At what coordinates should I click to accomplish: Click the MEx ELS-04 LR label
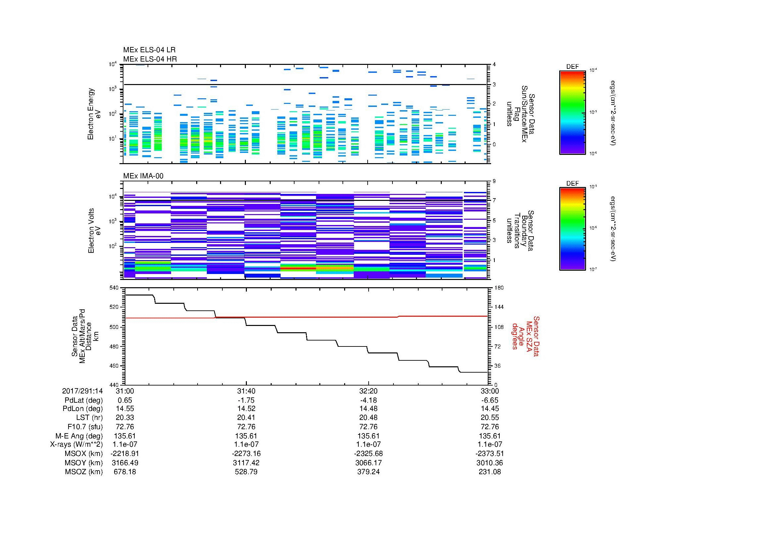149,50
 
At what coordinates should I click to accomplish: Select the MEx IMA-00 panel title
143,176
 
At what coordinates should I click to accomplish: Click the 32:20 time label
368,391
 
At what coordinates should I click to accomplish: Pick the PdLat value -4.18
368,400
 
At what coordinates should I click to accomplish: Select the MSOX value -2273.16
247,454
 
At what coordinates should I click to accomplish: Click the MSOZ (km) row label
84,472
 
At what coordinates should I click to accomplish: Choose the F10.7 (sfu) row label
85,427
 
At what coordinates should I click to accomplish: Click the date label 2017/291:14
82,391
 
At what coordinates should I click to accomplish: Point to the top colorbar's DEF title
572,67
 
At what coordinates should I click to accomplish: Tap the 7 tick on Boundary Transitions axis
494,201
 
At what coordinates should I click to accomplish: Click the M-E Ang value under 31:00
125,436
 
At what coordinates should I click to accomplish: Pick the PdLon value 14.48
368,409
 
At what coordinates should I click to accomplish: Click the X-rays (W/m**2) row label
76,444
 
